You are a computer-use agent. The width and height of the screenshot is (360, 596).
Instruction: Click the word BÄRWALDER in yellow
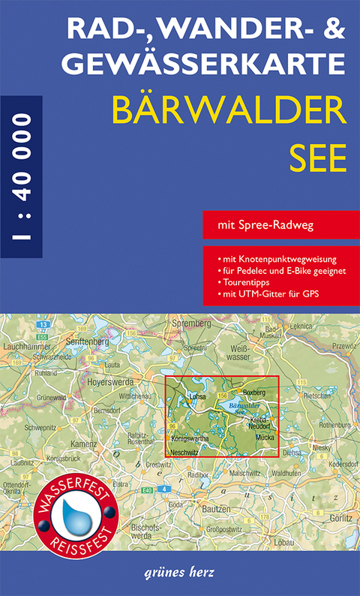pos(228,111)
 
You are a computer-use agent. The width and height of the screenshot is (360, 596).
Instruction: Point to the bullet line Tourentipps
pos(248,282)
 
